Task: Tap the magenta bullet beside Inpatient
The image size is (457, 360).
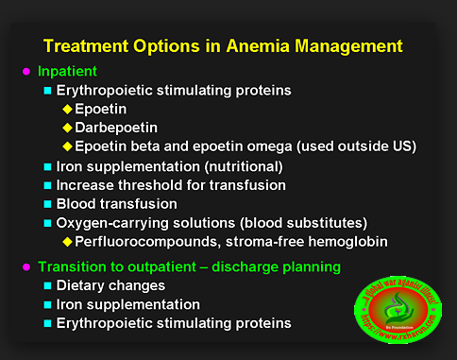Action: tap(25, 71)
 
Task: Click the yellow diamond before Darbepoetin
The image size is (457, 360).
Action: tap(67, 128)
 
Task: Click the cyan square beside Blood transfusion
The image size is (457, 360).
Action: tap(48, 203)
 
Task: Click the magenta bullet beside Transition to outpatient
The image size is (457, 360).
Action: tap(25, 266)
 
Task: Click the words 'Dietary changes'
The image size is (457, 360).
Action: tap(111, 285)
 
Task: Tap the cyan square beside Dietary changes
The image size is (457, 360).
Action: tap(48, 285)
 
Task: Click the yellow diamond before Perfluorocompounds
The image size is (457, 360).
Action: tap(67, 241)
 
